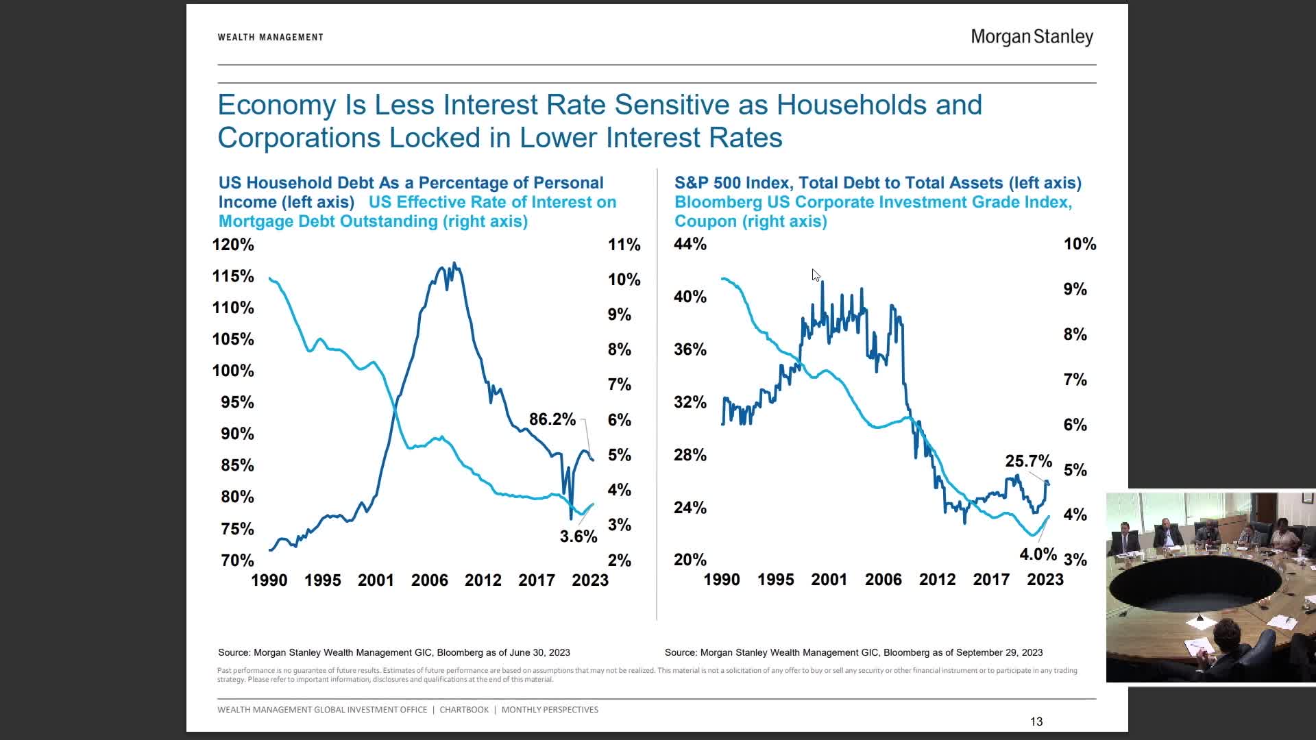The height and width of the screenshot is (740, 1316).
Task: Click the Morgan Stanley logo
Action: click(1032, 37)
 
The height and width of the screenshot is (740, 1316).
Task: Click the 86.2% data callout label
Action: click(552, 419)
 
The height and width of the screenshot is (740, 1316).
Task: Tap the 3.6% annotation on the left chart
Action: click(578, 536)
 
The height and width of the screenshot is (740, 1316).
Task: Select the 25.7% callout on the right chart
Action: click(1028, 461)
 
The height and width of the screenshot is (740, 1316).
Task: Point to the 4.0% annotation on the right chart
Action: click(1038, 554)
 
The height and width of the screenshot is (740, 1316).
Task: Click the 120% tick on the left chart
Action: click(233, 245)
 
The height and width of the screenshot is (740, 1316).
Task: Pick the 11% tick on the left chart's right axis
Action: click(624, 245)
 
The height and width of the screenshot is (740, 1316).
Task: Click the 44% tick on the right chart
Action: click(690, 244)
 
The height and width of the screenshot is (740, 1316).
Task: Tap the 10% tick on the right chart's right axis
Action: click(1080, 244)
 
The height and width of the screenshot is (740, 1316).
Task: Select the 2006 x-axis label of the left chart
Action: click(429, 580)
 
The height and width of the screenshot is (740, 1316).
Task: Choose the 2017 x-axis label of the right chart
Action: click(990, 580)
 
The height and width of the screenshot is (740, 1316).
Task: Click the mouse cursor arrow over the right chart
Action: click(815, 275)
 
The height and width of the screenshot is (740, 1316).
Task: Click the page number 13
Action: click(1036, 721)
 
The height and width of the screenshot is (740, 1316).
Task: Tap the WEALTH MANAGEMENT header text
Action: click(270, 37)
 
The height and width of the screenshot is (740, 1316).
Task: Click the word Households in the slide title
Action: click(879, 105)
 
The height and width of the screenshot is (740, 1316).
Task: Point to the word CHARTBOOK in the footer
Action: click(464, 710)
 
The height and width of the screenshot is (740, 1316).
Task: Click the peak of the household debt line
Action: click(454, 264)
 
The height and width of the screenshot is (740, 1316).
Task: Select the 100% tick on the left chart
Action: click(233, 371)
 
